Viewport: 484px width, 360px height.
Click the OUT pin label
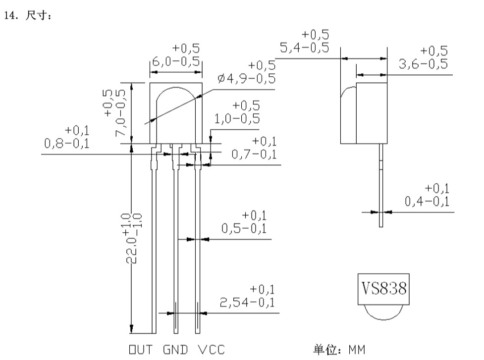tap(141, 350)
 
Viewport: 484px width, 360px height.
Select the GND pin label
tap(175, 350)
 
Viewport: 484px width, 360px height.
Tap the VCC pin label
tap(212, 350)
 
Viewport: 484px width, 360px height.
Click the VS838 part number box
tap(383, 289)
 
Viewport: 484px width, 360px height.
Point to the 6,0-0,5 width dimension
tap(176, 61)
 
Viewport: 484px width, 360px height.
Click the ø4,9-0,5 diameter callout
tap(246, 78)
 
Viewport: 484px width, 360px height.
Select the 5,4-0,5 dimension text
tap(304, 48)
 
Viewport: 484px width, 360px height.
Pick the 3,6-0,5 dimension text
tap(423, 64)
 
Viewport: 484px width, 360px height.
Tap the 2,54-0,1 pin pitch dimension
tap(247, 302)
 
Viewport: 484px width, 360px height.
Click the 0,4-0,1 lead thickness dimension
tap(427, 202)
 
